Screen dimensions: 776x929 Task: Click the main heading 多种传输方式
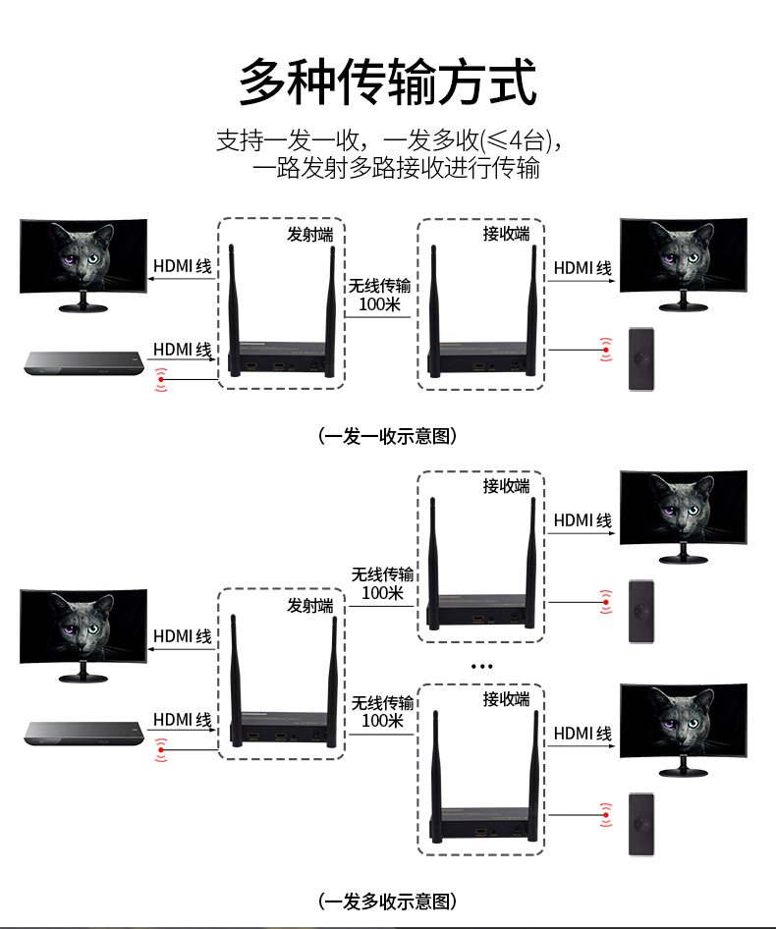388,82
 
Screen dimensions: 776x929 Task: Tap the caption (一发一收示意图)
388,436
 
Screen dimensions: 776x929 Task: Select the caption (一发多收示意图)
388,902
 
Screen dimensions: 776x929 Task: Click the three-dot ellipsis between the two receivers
482,667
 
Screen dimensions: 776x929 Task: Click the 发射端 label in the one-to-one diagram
310,235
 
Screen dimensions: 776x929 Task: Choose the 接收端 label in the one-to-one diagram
506,234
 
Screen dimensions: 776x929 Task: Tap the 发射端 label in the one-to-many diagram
310,606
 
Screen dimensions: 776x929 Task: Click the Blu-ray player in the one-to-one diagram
83,362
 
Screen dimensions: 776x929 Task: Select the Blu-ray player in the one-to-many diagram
83,734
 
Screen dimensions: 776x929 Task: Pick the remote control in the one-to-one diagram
640,359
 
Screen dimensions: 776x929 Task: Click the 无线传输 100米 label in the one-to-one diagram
379,295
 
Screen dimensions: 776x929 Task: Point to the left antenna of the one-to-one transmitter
234,310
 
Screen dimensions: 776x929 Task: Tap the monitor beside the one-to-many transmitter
83,635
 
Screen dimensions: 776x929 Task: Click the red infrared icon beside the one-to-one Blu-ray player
161,379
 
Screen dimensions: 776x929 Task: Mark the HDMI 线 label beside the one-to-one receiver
582,268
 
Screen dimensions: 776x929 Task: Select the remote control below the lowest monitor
640,824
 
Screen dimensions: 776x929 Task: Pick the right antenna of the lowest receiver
533,776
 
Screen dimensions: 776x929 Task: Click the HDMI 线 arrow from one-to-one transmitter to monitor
182,279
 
